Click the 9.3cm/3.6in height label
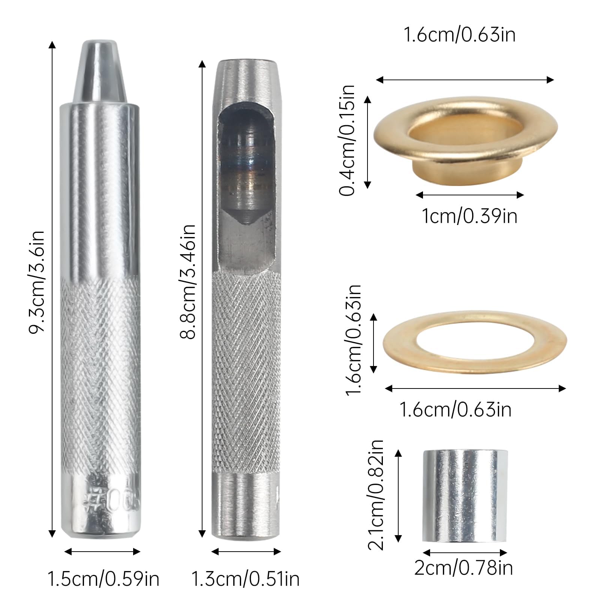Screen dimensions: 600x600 click(x=37, y=281)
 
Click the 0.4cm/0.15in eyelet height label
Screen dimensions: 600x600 click(x=347, y=140)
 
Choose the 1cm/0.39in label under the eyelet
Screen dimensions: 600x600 click(x=469, y=216)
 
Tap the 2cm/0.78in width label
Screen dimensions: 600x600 click(x=463, y=568)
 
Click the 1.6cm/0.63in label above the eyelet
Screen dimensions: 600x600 click(x=459, y=35)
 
